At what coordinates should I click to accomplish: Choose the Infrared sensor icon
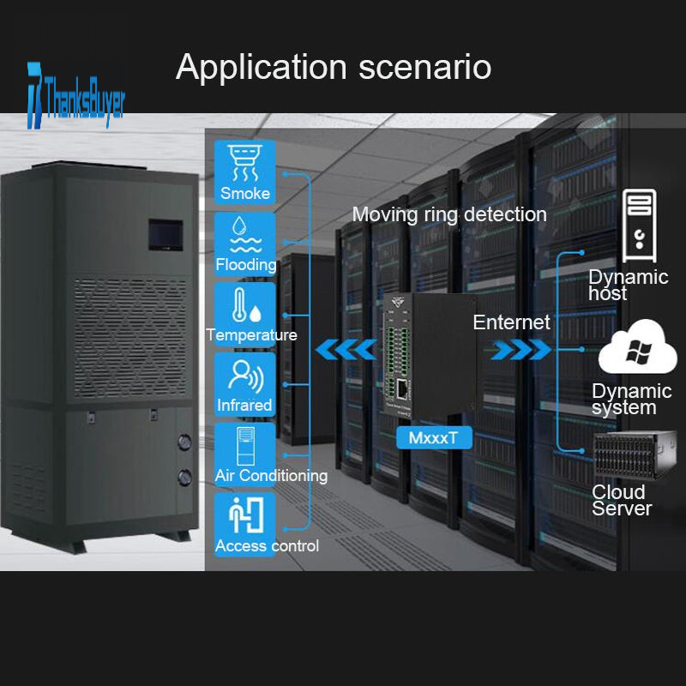point(244,375)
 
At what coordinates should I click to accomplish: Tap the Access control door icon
point(244,515)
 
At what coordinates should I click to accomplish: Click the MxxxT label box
point(433,437)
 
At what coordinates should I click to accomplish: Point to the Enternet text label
point(511,323)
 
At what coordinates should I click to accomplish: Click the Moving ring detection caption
point(449,214)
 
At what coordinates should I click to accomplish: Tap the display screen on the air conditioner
point(165,234)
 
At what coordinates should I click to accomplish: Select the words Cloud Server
point(622,500)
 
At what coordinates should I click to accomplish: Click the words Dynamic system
point(631,399)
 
